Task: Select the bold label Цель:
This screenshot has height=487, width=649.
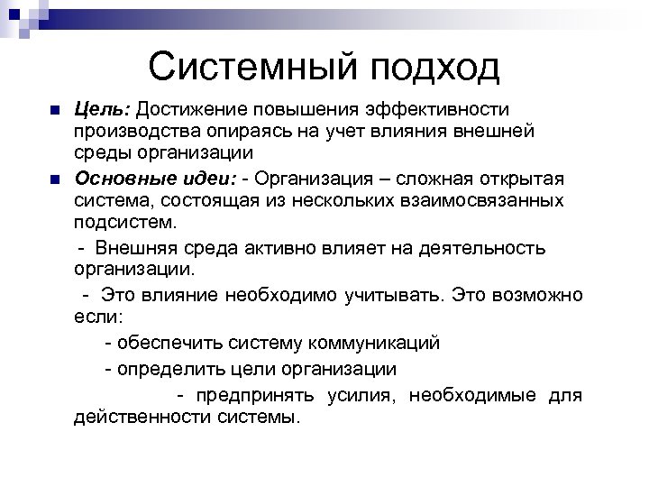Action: point(102,109)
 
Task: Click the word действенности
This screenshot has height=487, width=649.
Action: point(142,418)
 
